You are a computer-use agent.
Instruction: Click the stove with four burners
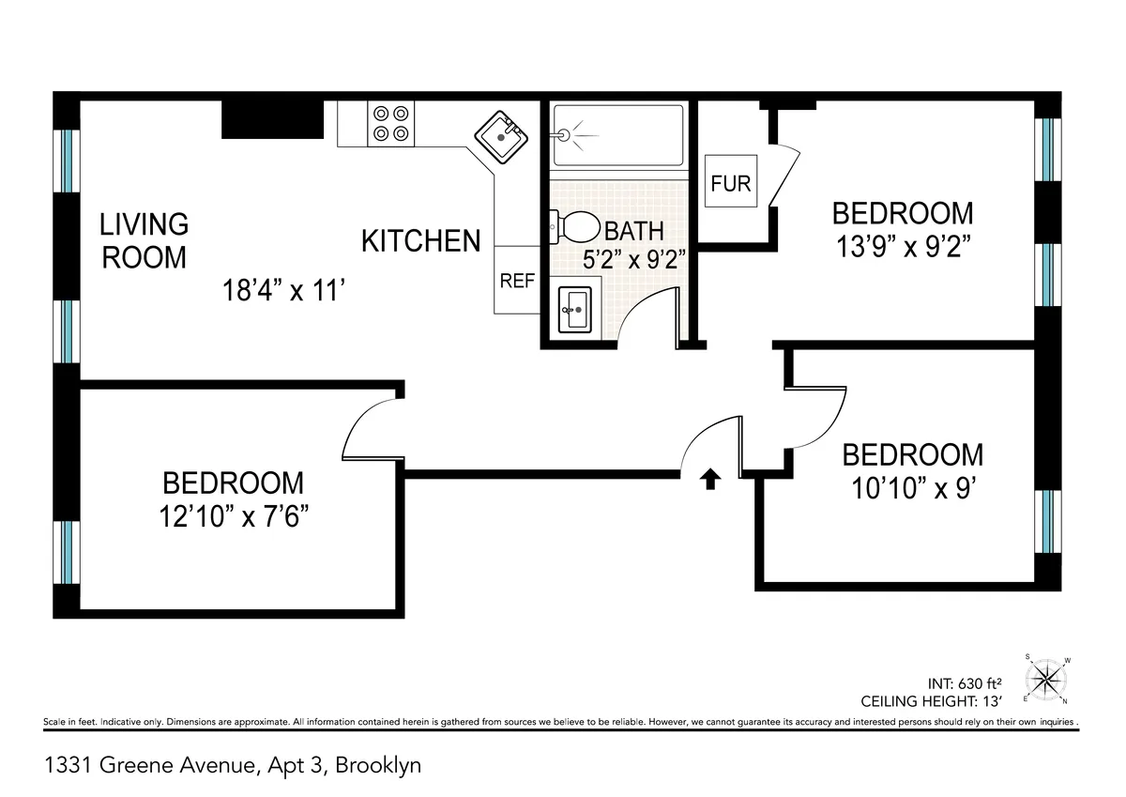point(391,123)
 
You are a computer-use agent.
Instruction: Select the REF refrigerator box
point(517,281)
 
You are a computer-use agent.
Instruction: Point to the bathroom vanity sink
point(573,308)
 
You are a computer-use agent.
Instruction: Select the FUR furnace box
point(731,183)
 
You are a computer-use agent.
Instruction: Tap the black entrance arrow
point(710,480)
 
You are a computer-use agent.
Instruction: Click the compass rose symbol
point(1047,678)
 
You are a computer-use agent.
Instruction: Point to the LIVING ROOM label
point(145,240)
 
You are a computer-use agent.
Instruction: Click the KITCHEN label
point(421,241)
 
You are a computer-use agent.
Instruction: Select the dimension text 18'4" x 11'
point(285,291)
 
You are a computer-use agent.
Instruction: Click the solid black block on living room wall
point(272,119)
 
